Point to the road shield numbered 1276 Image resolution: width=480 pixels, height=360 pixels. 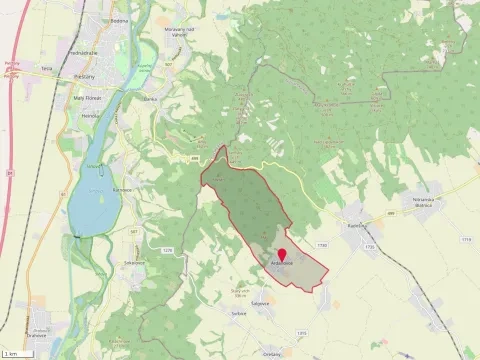tap(167, 250)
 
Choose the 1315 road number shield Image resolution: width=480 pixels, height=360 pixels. tap(301, 332)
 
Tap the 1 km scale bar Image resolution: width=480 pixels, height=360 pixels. tap(13, 354)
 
